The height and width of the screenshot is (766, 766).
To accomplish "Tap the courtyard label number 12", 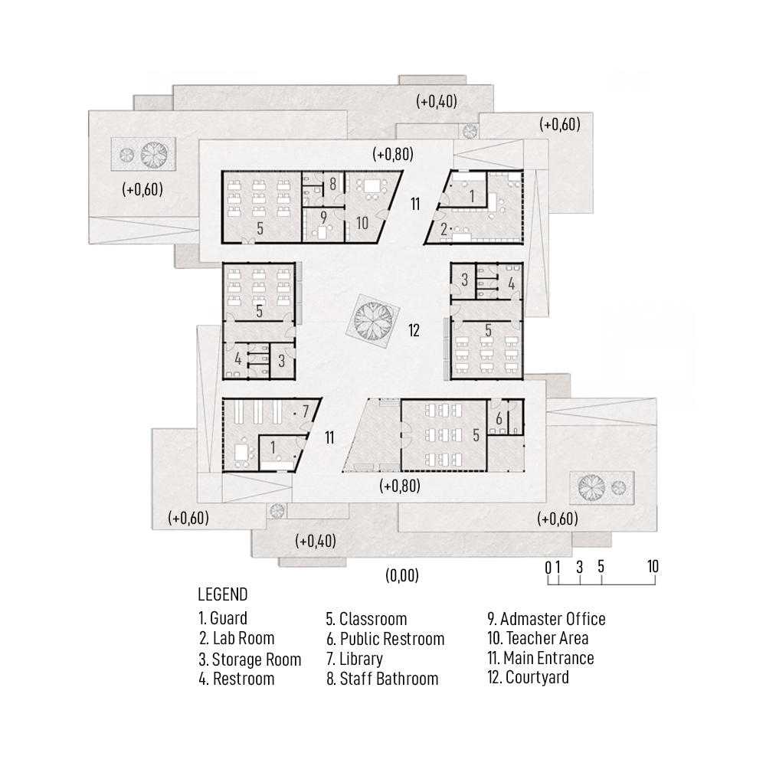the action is coord(414,331).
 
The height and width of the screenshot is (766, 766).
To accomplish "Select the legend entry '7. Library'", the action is coord(355,659).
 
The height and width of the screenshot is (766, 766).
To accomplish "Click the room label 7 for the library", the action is coord(306,412).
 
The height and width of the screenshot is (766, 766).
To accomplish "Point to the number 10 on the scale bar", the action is coord(653,566).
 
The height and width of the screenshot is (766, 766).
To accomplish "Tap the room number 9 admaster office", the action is coord(323,216).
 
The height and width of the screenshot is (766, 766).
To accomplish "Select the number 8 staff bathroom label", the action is coord(332,184).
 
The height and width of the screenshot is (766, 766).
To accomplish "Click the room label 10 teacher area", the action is coord(362,223).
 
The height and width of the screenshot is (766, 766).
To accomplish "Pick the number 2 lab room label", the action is coord(444,229).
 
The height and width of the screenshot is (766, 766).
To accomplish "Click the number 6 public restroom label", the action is coord(499,419).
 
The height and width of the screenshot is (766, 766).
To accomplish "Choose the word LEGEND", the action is coord(223,594).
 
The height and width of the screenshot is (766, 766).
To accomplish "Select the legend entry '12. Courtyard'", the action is coord(528,677).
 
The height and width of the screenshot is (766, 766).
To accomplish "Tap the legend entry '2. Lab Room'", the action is coord(237,638).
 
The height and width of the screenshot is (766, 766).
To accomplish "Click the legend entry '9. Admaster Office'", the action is coord(547,619).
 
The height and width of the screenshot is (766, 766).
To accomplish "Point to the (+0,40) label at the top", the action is coord(437,101).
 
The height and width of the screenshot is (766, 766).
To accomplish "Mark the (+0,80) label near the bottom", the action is coord(400,486).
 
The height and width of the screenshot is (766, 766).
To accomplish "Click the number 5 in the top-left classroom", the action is coord(260,228).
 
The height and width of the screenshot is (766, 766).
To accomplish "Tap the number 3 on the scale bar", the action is coord(579,567).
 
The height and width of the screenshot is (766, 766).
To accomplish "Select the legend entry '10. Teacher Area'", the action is coord(538,638).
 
